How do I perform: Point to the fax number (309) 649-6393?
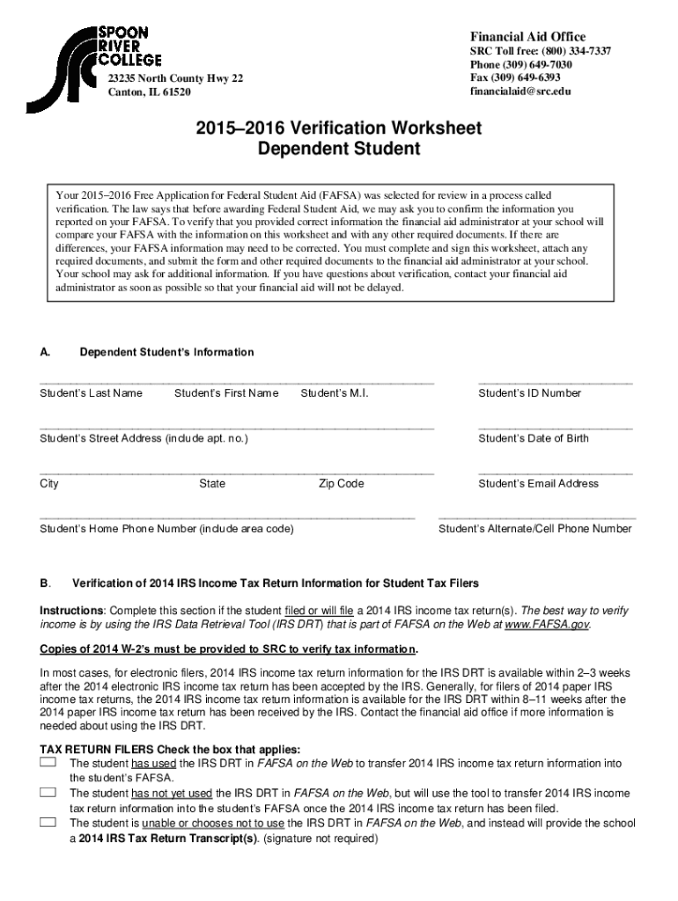point(515,77)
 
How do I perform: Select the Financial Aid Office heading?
point(527,36)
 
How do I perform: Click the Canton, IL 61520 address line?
point(149,92)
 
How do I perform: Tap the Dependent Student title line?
point(339,150)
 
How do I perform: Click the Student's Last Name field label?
point(92,393)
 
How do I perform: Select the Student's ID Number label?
point(530,393)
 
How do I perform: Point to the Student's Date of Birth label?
point(534,438)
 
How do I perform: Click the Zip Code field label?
point(341,483)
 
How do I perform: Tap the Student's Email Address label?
point(538,483)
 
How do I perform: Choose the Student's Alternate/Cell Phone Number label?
point(534,529)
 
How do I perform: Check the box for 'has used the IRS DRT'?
point(48,761)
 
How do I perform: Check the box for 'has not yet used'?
point(48,792)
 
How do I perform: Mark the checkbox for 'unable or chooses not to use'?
point(48,822)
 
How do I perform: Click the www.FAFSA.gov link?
point(546,625)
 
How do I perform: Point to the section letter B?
point(45,582)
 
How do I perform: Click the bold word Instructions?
point(72,610)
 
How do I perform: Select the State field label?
point(212,483)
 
